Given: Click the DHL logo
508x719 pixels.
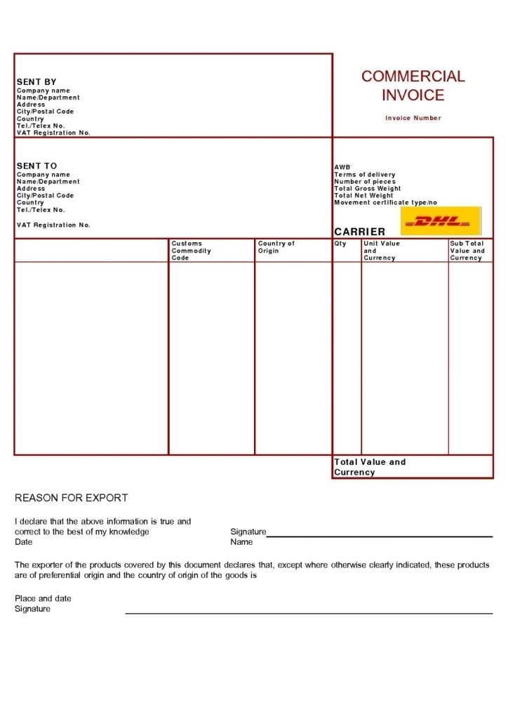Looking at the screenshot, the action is (x=441, y=221).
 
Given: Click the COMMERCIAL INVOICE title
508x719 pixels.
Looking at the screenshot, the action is (x=413, y=86).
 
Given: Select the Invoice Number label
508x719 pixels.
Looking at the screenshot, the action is (x=413, y=118).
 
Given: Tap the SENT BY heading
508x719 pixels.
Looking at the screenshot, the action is (x=36, y=82).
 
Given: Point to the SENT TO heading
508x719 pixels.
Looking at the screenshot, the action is (x=36, y=166).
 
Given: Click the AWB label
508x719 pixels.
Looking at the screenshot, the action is (x=342, y=167).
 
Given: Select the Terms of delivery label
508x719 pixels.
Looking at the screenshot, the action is (x=364, y=175).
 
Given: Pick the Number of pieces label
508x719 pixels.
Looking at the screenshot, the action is (x=364, y=182).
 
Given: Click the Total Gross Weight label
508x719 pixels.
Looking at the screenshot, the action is (x=367, y=189).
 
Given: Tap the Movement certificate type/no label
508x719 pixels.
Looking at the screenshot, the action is (x=385, y=203).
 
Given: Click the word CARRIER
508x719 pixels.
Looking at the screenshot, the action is (x=359, y=232).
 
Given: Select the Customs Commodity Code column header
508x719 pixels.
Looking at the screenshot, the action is (x=191, y=251).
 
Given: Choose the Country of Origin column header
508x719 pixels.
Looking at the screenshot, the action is (x=276, y=247).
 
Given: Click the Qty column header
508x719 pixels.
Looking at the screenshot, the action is (x=340, y=244).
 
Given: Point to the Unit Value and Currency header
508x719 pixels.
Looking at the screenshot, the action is (x=381, y=251).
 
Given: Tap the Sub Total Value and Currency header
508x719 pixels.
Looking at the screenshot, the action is (x=467, y=251).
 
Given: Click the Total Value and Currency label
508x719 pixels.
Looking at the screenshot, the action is (x=370, y=467).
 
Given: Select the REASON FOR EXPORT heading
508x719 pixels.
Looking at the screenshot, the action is (x=71, y=498).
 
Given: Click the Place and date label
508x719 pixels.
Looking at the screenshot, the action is (x=43, y=598).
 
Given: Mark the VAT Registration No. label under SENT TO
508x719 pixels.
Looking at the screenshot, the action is (x=53, y=225).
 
